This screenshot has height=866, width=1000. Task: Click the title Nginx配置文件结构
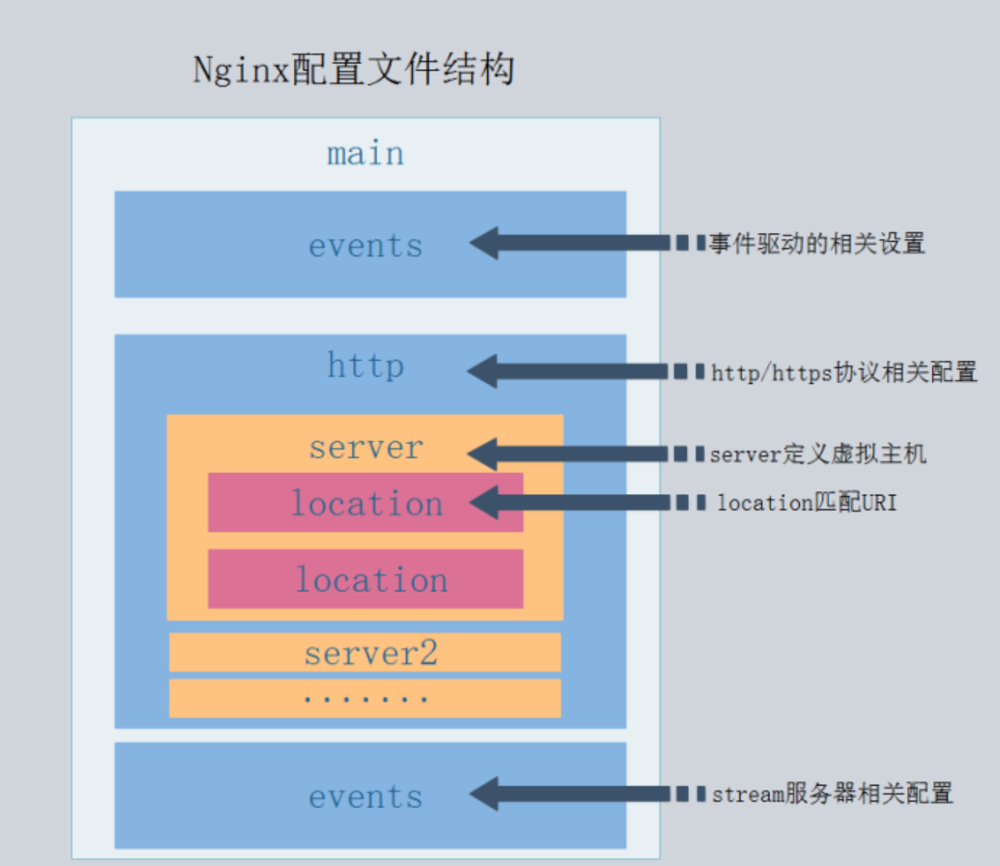pos(353,69)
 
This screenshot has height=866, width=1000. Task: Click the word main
pos(365,154)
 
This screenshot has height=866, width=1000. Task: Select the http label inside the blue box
pos(365,366)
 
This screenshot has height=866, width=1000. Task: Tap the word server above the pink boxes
pos(366,448)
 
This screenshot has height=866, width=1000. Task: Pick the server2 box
pos(365,652)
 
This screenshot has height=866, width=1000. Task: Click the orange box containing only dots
pos(365,698)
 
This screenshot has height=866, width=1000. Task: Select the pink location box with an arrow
pos(365,502)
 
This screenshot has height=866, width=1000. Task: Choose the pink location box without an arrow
pos(365,579)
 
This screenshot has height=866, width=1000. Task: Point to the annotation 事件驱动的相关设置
pos(817,243)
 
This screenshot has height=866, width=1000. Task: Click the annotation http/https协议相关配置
pos(844,372)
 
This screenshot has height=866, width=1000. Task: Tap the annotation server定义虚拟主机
pos(818,454)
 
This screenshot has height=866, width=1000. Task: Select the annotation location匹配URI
pos(807,502)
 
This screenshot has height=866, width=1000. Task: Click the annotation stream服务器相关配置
pos(832,793)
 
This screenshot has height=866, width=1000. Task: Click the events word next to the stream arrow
pos(366,798)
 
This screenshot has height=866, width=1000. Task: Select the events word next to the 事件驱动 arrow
pos(366,246)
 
